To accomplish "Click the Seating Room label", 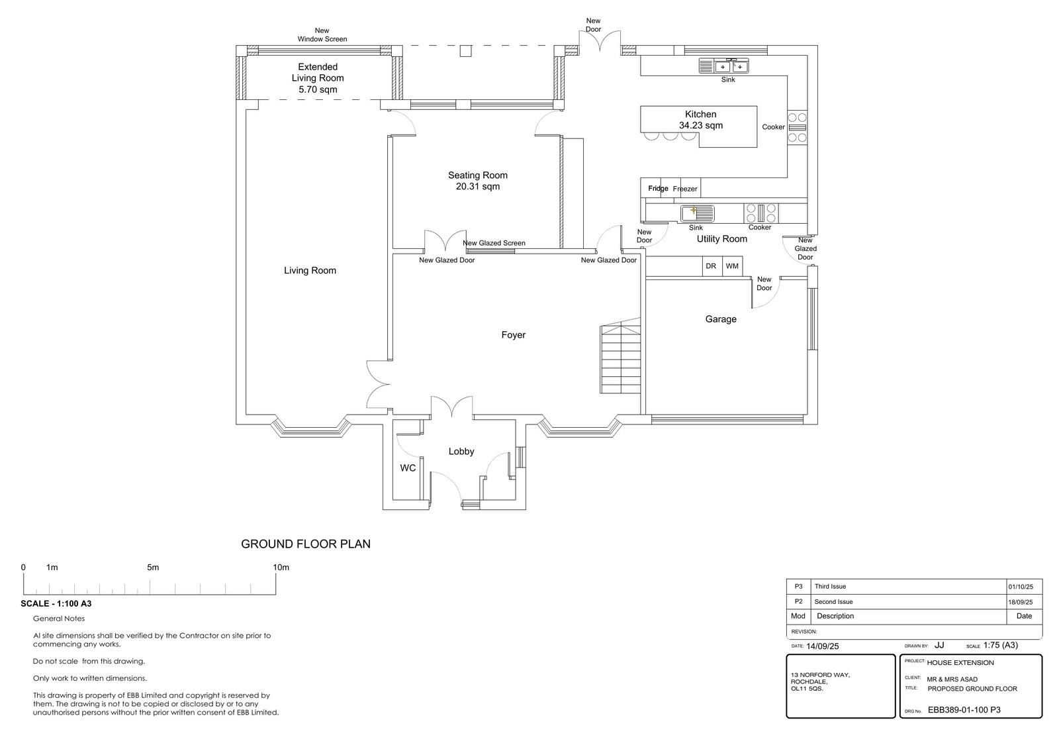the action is [477, 175].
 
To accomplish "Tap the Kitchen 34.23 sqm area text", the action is [701, 125].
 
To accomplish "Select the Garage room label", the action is [721, 319].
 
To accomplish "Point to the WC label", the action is [408, 468].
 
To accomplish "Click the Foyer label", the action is [514, 335].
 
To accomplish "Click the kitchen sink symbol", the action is [724, 66].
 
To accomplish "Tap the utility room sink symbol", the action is [698, 214].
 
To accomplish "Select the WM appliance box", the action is [732, 266].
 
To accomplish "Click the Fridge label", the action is [658, 188].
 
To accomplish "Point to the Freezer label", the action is [685, 189].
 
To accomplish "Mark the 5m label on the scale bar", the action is [153, 568].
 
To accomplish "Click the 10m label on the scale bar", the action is [281, 568].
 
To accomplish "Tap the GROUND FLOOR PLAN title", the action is [305, 544].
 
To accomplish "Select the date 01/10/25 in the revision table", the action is [1021, 587].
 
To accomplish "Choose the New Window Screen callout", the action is [322, 35].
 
